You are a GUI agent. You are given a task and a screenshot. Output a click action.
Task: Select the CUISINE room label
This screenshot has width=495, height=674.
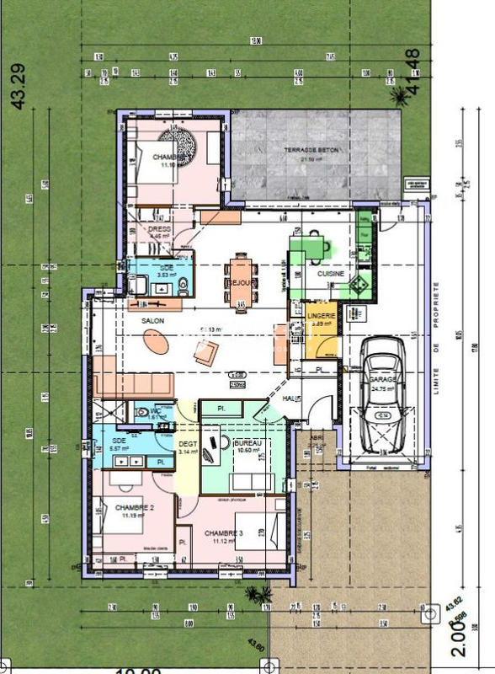pyautogui.click(x=331, y=274)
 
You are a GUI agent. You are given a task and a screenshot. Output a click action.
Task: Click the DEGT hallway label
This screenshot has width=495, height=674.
pyautogui.click(x=186, y=444)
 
